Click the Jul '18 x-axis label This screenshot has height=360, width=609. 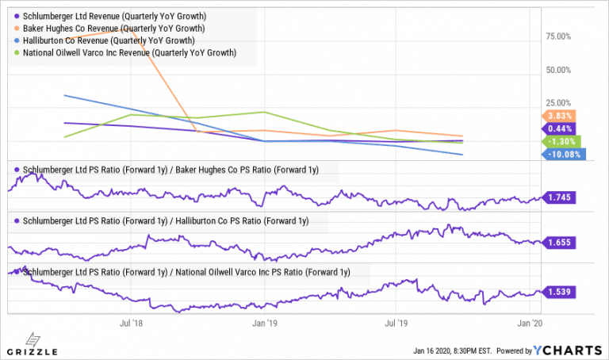click(x=131, y=324)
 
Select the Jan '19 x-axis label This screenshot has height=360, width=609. click(x=264, y=324)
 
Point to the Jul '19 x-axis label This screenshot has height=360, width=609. click(x=396, y=324)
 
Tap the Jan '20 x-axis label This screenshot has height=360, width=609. click(x=529, y=324)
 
